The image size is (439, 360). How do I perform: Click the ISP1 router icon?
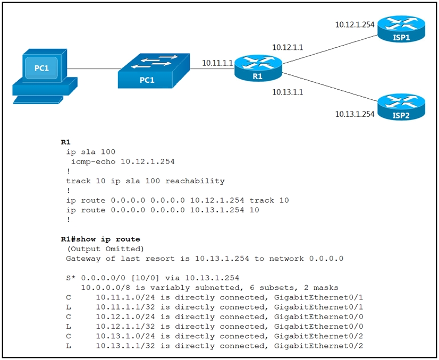point(401,29)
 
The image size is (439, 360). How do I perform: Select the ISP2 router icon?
point(401,107)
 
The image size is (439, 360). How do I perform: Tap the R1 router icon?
point(258,68)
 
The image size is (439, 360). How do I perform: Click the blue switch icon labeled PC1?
point(154,71)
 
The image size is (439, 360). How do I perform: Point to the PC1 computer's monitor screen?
point(41,67)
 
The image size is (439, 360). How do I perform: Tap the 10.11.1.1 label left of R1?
point(217,63)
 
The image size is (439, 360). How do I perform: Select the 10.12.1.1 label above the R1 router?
point(288,47)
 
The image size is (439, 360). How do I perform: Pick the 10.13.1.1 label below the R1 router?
point(288,92)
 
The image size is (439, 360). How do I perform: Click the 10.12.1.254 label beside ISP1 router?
point(354,24)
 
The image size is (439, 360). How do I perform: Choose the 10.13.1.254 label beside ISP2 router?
point(354,114)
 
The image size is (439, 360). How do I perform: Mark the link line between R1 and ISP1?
point(330,49)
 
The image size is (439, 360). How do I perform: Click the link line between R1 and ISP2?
point(330,87)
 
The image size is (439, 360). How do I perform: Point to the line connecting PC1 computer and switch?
point(95,69)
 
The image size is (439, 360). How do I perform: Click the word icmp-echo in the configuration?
point(93,161)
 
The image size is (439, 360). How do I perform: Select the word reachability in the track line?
point(195,181)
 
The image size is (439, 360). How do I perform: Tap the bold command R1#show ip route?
point(100,239)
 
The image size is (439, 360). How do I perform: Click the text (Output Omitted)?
point(105,248)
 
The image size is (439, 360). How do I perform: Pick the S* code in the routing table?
point(71,278)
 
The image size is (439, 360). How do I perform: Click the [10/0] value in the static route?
point(145,278)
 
